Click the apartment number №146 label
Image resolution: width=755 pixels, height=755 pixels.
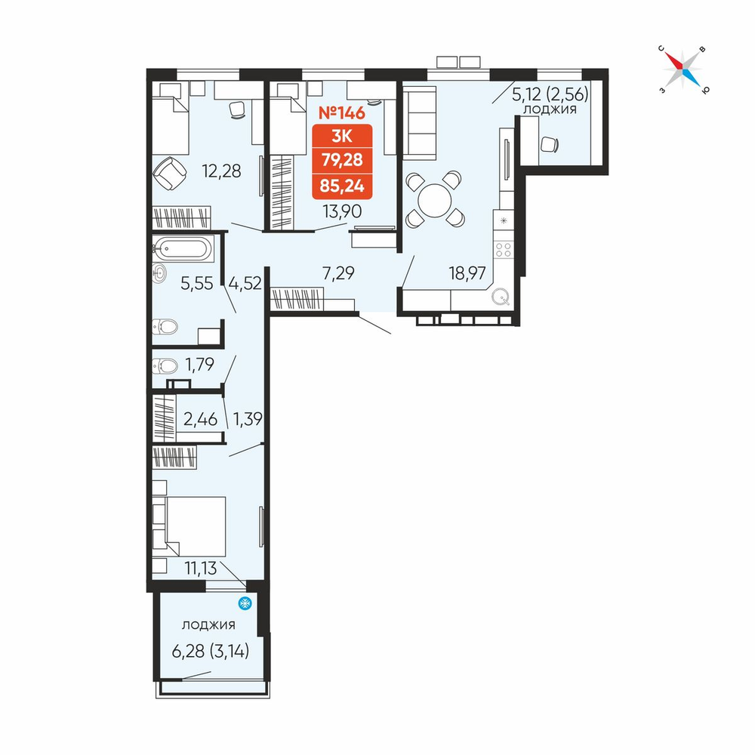click(342, 112)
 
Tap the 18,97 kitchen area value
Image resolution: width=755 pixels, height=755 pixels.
click(467, 273)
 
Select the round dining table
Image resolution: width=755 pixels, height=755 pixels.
click(435, 200)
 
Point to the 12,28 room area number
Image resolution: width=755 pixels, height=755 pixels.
click(221, 171)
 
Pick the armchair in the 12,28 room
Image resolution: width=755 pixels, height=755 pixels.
click(169, 174)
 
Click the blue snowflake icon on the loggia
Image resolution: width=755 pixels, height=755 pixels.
click(245, 602)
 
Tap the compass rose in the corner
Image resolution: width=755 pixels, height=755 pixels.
click(683, 69)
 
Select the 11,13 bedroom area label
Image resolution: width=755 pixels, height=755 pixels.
click(201, 569)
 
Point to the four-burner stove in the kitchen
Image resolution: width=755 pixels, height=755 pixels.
click(504, 249)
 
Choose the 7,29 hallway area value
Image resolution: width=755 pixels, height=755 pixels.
click(338, 273)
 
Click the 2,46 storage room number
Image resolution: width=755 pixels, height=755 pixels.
click(200, 419)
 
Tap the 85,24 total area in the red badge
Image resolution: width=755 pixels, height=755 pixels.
click(342, 186)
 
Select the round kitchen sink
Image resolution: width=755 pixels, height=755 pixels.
click(501, 297)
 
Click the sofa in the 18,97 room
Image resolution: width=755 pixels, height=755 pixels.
click(419, 123)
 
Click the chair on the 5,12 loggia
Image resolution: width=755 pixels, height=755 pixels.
click(550, 144)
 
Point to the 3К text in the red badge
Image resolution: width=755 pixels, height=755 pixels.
click(342, 137)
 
